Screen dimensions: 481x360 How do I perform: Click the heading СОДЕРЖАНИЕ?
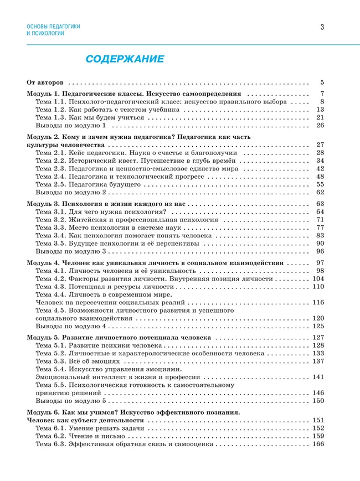(x=124, y=59)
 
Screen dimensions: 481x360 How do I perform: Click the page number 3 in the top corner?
(x=322, y=27)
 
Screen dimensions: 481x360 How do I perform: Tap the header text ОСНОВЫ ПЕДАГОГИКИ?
(x=53, y=26)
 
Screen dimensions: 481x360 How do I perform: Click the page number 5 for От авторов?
(x=322, y=82)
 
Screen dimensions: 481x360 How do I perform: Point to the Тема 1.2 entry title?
(x=107, y=110)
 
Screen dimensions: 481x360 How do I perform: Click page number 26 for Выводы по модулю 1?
(x=320, y=125)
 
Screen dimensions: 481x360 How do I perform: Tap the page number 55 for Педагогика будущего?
(x=320, y=184)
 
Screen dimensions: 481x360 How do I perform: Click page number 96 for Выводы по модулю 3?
(x=320, y=251)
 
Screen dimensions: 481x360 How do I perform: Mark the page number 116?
(x=318, y=303)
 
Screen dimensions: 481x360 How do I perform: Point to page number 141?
(x=318, y=377)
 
